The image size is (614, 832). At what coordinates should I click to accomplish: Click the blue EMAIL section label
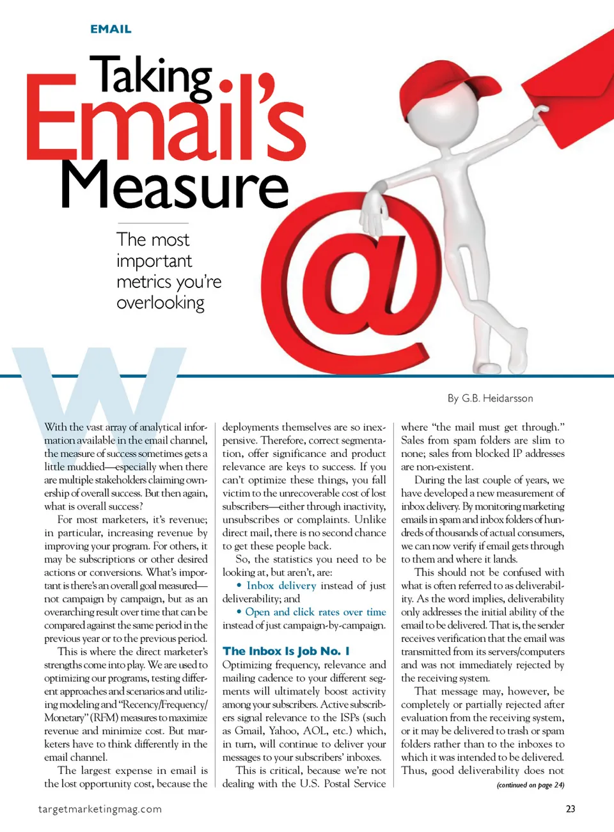coord(111,29)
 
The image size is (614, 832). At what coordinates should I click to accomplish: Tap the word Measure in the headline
coord(175,185)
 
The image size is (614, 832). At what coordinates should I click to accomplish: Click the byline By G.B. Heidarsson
coord(490,398)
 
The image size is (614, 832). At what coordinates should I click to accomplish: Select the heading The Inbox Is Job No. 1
coord(286,651)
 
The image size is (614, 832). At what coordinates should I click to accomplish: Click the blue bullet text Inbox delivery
coord(281,586)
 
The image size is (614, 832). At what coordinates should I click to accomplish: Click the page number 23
coord(571,809)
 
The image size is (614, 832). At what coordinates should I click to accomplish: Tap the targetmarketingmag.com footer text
coord(100,809)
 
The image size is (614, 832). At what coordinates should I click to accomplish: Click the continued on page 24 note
coord(530,785)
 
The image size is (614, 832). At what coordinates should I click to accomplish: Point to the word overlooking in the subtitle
coord(161,303)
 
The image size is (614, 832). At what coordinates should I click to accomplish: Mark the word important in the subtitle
coord(154,261)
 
